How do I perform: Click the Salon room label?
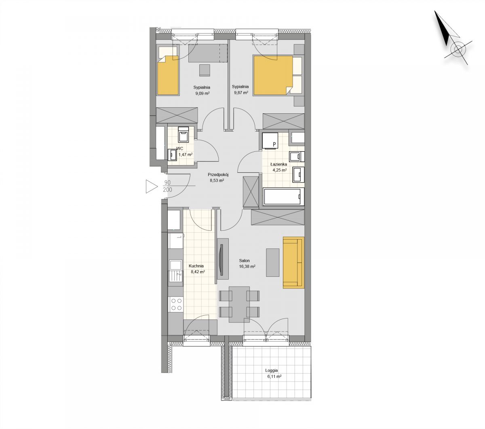[244, 260]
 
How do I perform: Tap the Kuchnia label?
[196, 266]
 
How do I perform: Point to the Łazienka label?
[278, 164]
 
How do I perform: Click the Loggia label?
[272, 370]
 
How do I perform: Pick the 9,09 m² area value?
[202, 93]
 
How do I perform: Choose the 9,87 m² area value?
[241, 93]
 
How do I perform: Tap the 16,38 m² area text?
[247, 266]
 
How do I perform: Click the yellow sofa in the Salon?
[293, 262]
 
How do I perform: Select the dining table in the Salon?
[239, 304]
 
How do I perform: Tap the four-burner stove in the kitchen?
[176, 304]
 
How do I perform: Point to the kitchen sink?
[176, 271]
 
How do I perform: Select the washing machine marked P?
[270, 140]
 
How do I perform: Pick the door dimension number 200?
[167, 190]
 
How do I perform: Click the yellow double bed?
[273, 75]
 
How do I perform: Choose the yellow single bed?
[168, 75]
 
